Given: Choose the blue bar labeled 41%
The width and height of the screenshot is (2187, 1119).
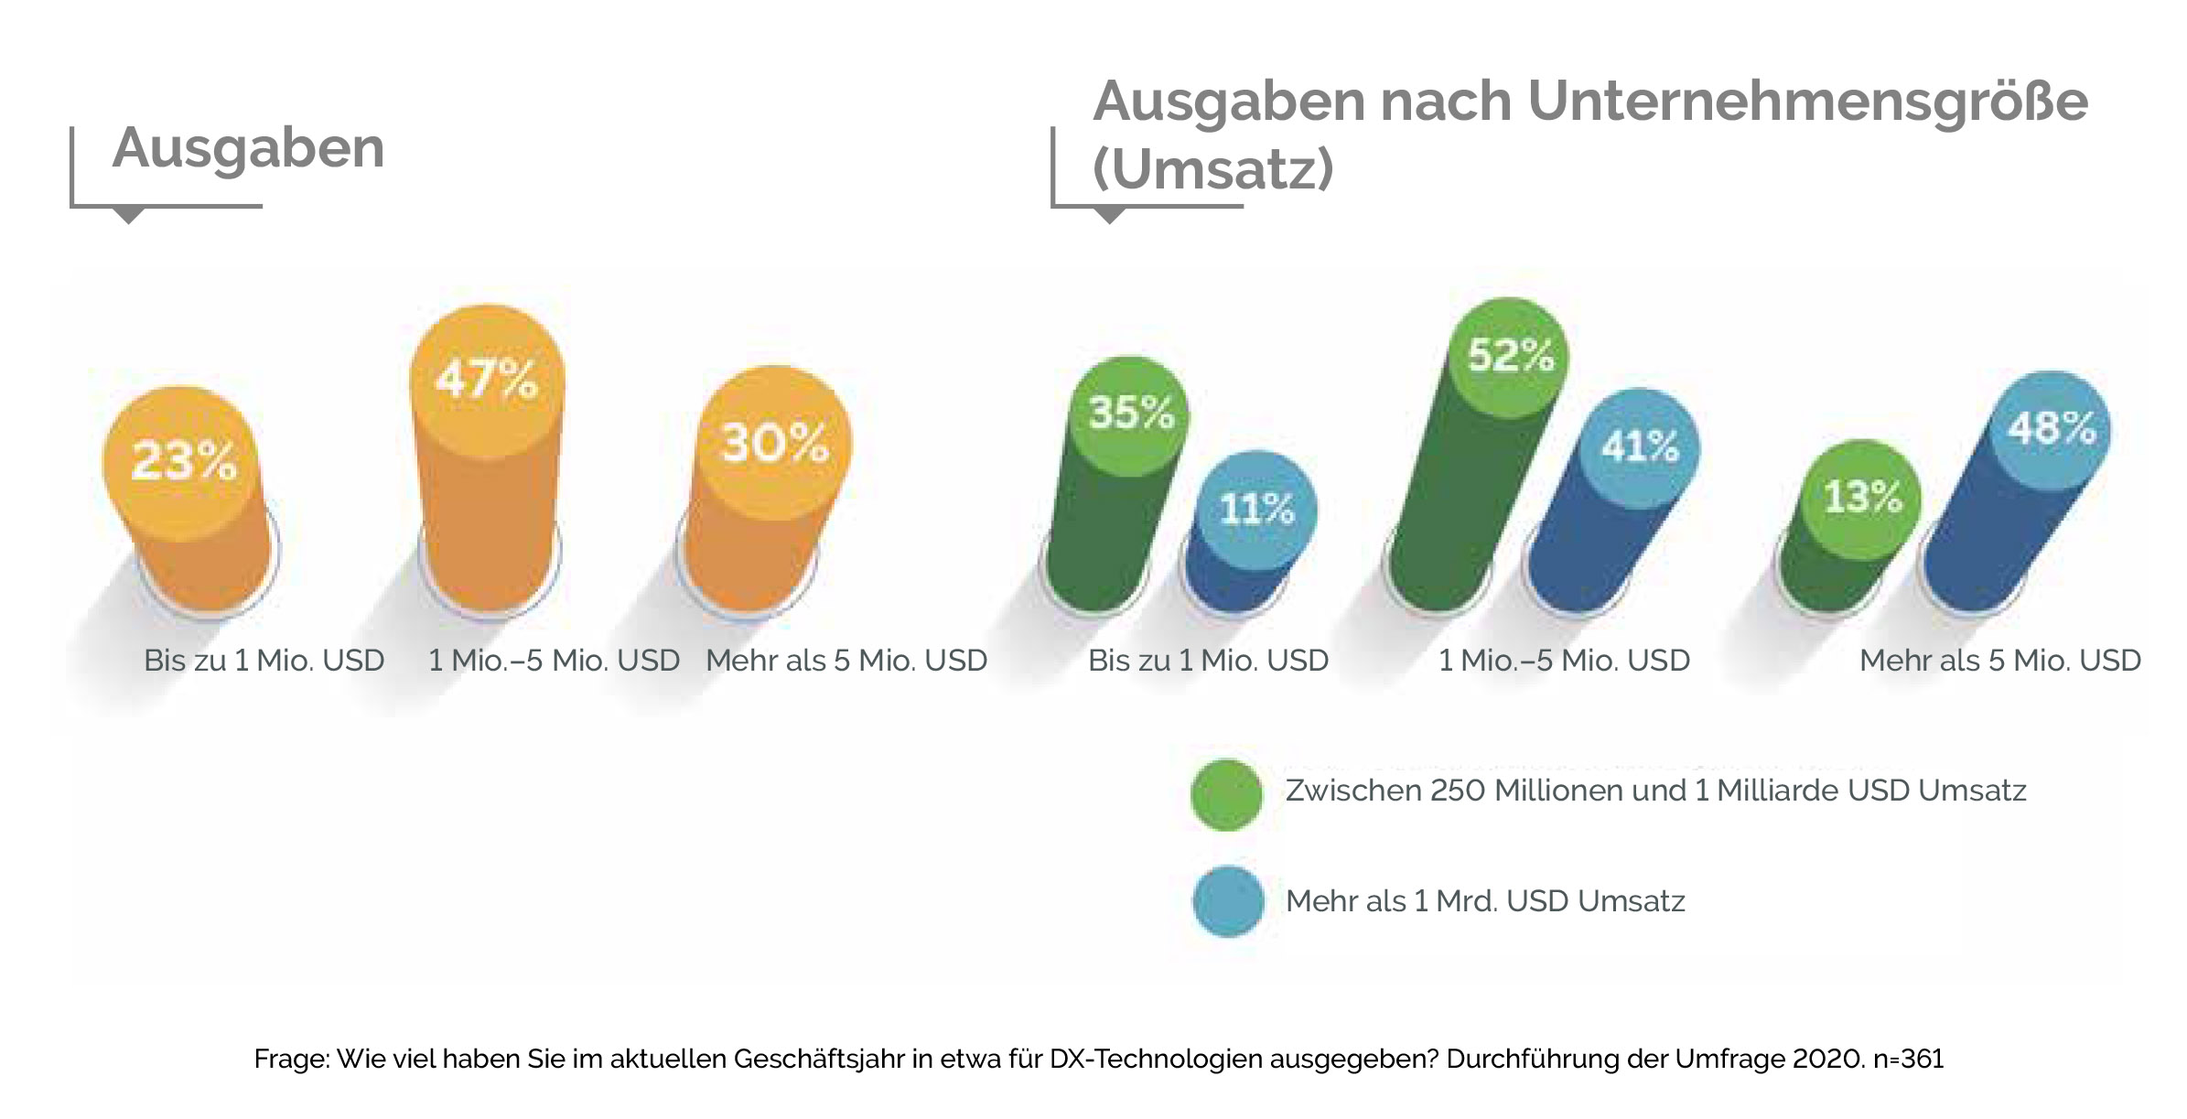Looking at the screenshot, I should click(1611, 512).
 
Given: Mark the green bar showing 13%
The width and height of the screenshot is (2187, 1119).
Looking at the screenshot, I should click(1844, 531).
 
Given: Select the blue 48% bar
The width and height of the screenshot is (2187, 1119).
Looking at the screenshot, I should click(2013, 503).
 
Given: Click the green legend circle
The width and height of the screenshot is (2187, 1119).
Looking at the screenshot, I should click(1226, 795).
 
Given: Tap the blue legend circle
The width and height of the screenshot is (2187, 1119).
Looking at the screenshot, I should click(1228, 901).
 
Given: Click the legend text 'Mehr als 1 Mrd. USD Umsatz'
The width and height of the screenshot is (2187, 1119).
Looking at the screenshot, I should click(1484, 901).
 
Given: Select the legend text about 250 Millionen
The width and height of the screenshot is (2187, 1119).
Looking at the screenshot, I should click(1654, 791).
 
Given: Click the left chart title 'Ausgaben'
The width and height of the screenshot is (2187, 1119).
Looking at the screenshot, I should click(248, 148).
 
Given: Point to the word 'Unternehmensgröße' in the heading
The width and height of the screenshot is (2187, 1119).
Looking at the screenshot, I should click(1807, 101).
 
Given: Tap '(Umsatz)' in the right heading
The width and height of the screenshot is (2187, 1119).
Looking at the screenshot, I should click(1212, 169).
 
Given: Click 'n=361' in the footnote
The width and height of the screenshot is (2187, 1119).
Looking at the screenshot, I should click(1908, 1059).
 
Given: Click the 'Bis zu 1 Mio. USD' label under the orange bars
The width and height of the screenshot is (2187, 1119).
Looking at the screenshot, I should click(264, 661).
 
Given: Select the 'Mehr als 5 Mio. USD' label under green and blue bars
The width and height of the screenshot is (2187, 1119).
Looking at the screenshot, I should click(1999, 661).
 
